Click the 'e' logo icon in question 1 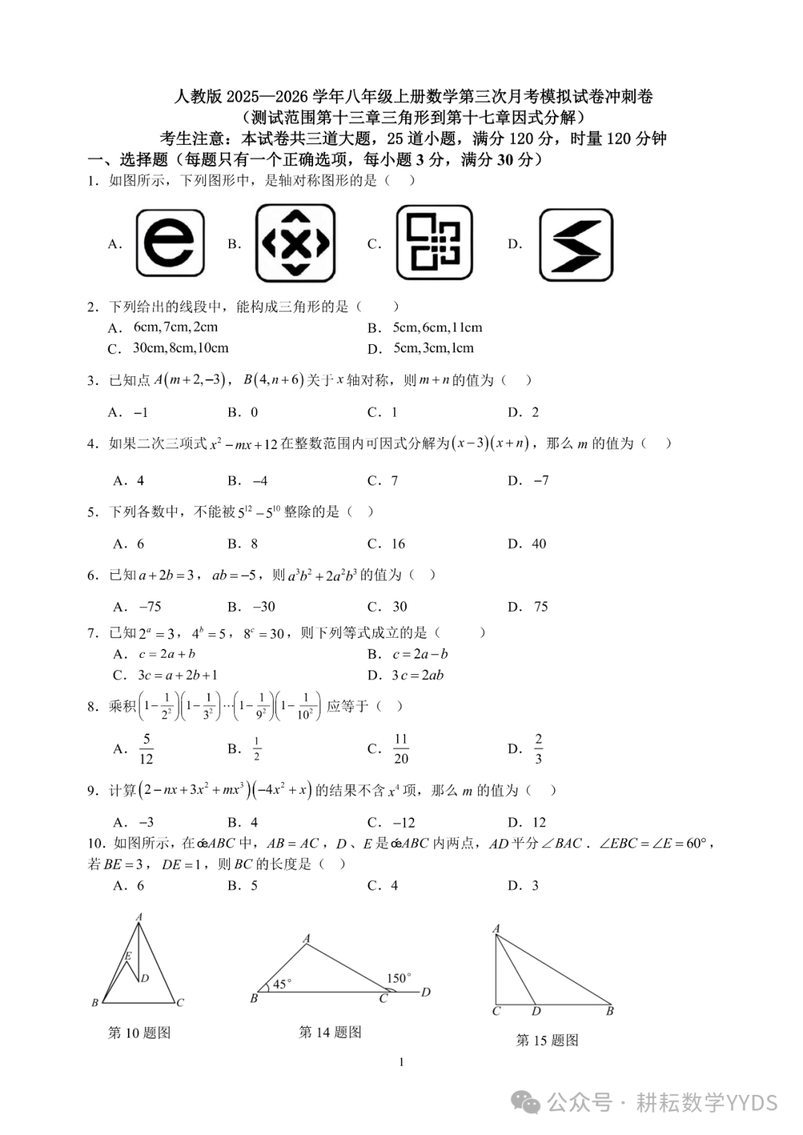(x=170, y=243)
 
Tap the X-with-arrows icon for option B (x=295, y=243)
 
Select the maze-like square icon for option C (x=434, y=242)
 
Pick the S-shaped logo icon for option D (x=576, y=245)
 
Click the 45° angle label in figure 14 (x=282, y=984)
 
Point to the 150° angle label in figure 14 (x=399, y=978)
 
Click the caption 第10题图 (x=139, y=1032)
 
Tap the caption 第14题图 (x=330, y=1032)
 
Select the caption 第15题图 (x=547, y=1040)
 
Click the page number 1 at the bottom (x=401, y=1062)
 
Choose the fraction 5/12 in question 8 (x=146, y=748)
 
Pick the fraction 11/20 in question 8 (x=401, y=748)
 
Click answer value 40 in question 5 (x=539, y=543)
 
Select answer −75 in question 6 (x=150, y=607)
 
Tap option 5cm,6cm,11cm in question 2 (x=437, y=327)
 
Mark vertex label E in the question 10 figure (x=128, y=956)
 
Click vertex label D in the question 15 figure (x=536, y=1012)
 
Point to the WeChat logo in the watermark (x=527, y=1103)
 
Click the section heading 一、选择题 (x=128, y=159)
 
